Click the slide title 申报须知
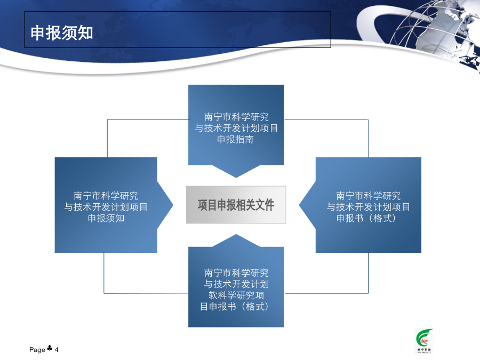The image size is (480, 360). click(x=61, y=33)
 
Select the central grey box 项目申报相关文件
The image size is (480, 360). click(x=236, y=204)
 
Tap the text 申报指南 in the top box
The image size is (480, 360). click(x=235, y=139)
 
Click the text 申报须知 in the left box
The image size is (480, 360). click(x=106, y=218)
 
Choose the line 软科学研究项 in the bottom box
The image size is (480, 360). click(x=236, y=295)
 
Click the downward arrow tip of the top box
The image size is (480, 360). click(x=236, y=177)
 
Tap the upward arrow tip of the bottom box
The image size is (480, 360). click(x=236, y=235)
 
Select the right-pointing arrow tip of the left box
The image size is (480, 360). click(x=173, y=205)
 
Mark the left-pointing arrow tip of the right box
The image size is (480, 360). click(x=299, y=205)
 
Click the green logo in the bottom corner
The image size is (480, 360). click(x=424, y=341)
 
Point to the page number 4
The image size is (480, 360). click(x=57, y=349)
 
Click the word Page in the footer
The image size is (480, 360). click(x=37, y=349)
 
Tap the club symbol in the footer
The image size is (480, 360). click(x=49, y=348)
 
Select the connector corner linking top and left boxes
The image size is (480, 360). click(x=107, y=119)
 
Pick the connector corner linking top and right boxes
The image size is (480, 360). click(x=368, y=119)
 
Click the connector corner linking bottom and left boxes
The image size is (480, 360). click(x=104, y=293)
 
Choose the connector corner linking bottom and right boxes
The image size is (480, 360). click(x=368, y=293)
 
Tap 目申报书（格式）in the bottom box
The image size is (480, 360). click(x=235, y=307)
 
